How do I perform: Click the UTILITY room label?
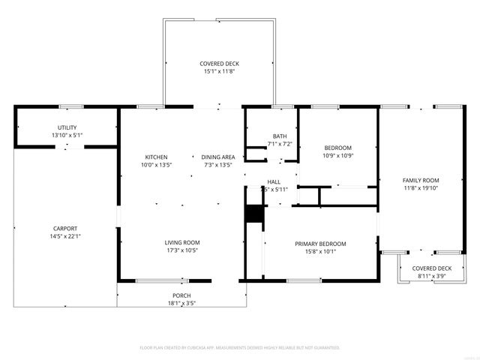67,127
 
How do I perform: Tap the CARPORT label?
65,229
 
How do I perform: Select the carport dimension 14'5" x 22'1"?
65,236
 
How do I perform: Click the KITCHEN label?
155,157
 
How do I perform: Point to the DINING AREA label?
218,157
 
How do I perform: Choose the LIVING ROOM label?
182,242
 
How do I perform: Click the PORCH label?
181,295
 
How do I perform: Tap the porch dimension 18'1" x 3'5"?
181,303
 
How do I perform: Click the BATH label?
280,136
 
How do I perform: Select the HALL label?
274,182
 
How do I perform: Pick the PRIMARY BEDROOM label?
320,244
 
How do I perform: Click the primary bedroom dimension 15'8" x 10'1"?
320,251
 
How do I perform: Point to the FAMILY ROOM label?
421,181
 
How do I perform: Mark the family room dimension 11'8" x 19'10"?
421,188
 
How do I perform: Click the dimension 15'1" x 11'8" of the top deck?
219,71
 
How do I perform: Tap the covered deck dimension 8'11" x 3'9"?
431,276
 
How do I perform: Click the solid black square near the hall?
255,213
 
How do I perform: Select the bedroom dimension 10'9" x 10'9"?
337,155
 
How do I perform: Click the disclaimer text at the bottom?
240,348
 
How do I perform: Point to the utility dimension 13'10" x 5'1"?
67,135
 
